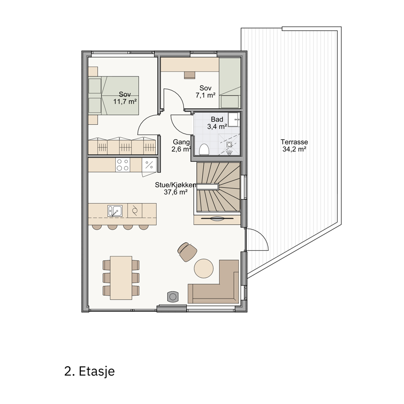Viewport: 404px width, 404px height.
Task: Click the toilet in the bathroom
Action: (204, 150)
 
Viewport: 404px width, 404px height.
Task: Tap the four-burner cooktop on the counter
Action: (122, 165)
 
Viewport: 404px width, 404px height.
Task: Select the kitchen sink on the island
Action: (115, 211)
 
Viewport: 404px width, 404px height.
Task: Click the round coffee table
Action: (204, 269)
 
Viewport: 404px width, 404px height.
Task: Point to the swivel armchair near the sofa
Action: (187, 252)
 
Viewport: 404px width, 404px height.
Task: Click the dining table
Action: (121, 278)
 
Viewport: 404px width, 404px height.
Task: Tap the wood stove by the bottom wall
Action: (173, 297)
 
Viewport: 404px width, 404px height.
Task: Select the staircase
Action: (219, 187)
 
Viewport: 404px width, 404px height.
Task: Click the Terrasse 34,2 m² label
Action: (294, 146)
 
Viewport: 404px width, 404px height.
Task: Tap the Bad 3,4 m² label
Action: (217, 123)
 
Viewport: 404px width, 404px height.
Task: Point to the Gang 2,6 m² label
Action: (181, 146)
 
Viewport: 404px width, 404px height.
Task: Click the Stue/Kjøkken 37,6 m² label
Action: (176, 188)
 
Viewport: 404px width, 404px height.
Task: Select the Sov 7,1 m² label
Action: (205, 92)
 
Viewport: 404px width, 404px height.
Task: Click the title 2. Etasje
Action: (90, 371)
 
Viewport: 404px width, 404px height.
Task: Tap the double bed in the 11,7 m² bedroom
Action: (113, 95)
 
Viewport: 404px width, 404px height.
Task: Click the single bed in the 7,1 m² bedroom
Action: (230, 83)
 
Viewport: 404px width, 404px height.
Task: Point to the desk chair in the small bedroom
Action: (190, 75)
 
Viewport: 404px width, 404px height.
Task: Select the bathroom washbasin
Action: (234, 120)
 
